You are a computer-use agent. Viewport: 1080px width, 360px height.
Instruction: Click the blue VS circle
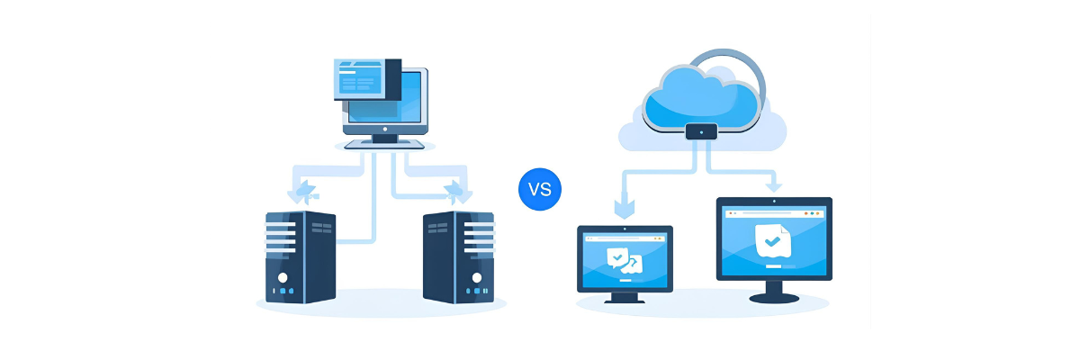[x=540, y=189]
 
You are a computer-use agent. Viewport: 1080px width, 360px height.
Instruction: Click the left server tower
[x=301, y=256]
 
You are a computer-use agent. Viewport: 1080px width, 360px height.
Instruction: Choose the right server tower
[x=459, y=256]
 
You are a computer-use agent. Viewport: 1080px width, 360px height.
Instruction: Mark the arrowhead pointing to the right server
[x=457, y=191]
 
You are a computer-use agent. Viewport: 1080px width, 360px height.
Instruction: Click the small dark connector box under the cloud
[x=701, y=131]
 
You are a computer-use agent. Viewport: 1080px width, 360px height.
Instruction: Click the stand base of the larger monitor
[x=772, y=298]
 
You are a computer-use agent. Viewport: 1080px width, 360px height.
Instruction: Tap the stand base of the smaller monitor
[x=624, y=300]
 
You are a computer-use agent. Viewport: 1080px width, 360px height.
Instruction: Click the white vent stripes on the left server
[x=281, y=235]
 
